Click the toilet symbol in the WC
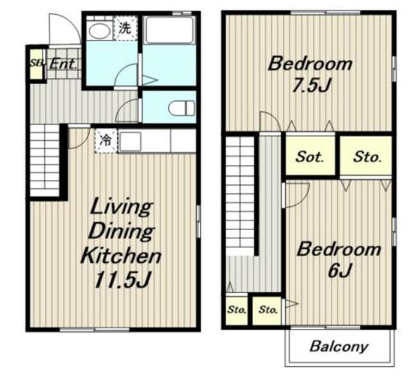click(x=182, y=108)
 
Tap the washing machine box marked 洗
click(x=126, y=28)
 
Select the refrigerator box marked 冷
click(x=106, y=141)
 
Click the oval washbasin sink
click(x=99, y=31)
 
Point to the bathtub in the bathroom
click(x=170, y=30)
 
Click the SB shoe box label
click(x=36, y=63)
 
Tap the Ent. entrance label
click(x=63, y=64)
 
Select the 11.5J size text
click(x=122, y=280)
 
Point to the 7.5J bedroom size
click(x=311, y=85)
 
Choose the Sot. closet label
click(x=310, y=157)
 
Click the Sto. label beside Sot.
click(x=367, y=157)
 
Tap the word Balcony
click(x=339, y=347)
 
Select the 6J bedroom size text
click(x=339, y=270)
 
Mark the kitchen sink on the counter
click(x=130, y=141)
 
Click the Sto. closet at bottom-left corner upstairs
click(x=237, y=310)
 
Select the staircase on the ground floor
click(x=44, y=161)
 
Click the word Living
click(x=121, y=208)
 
